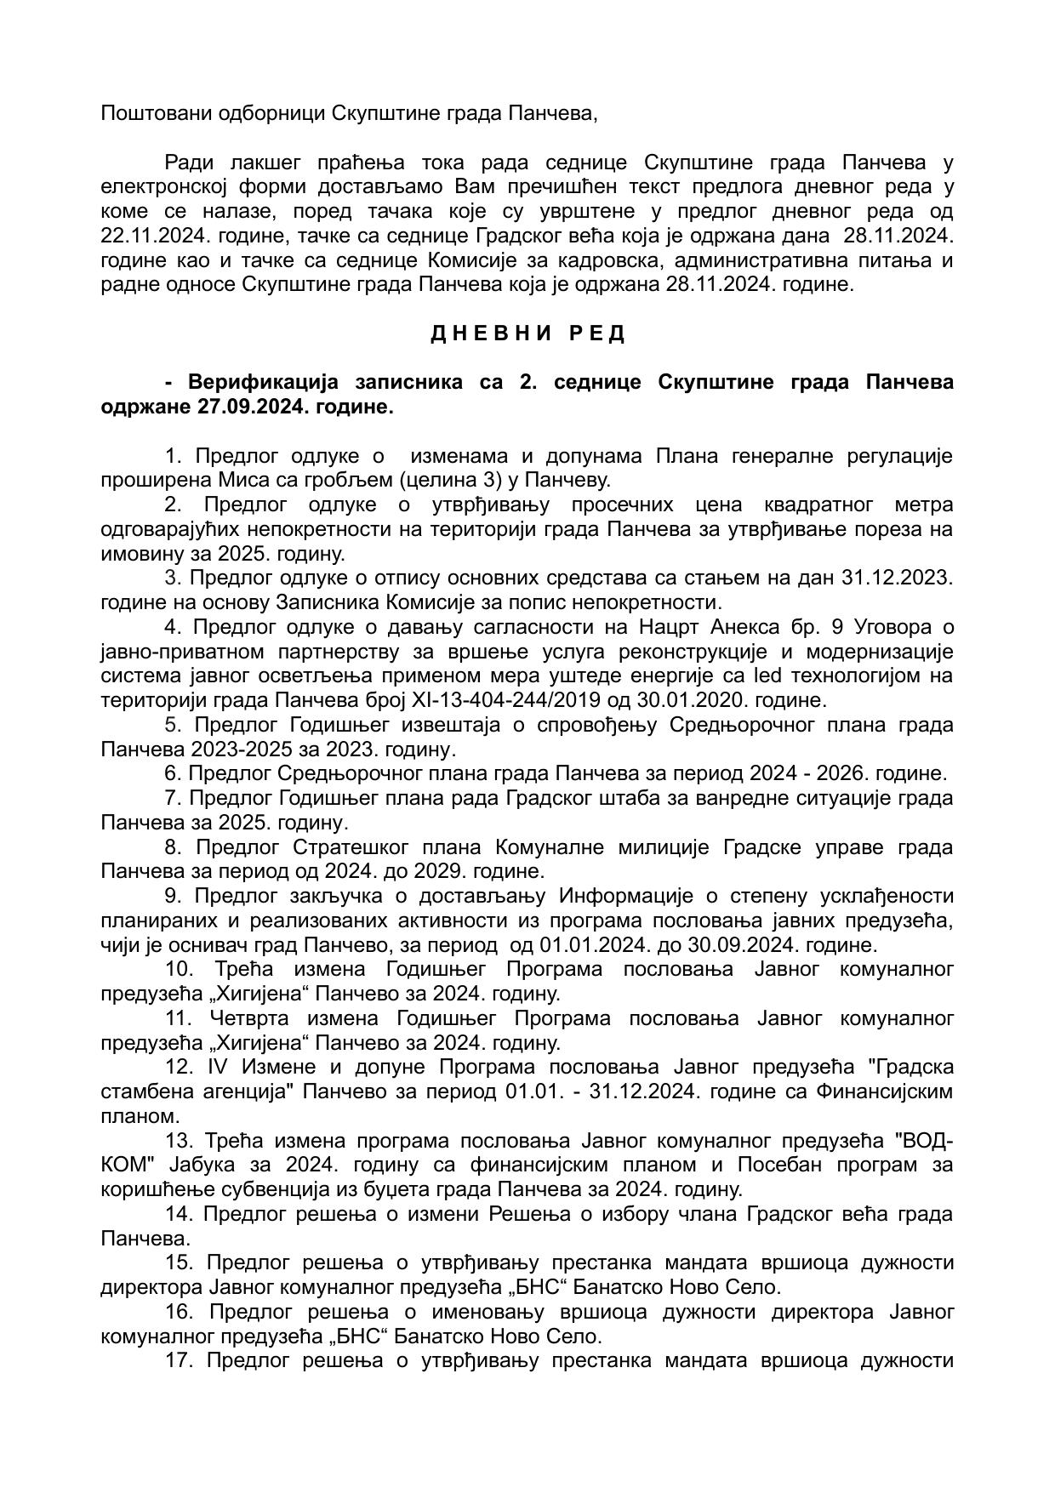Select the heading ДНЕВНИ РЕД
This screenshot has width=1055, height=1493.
(x=527, y=333)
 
